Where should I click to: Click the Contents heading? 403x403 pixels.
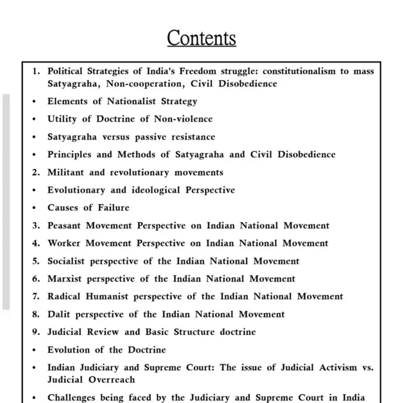[x=201, y=38]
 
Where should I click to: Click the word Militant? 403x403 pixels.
[x=66, y=172]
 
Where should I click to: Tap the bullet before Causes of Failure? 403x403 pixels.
[x=34, y=208]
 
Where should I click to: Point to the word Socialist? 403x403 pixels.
[x=66, y=261]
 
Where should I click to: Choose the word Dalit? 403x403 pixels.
[x=58, y=314]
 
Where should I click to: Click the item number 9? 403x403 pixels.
[x=35, y=332]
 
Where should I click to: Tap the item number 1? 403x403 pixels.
[x=35, y=71]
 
